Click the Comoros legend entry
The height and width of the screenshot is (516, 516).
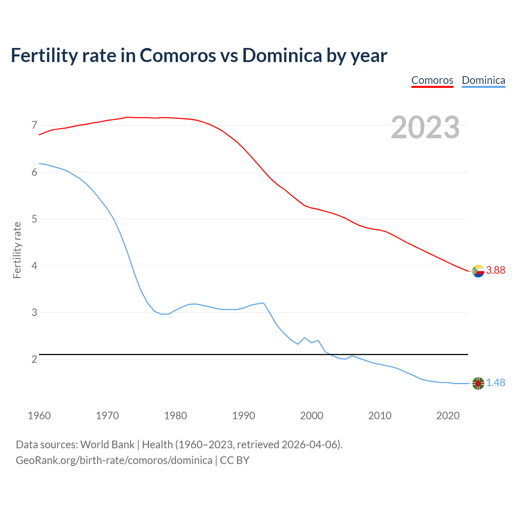[432, 80]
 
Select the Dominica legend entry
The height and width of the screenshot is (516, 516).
[483, 80]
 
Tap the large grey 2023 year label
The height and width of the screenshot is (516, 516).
[425, 127]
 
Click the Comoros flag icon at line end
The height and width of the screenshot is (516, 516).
[478, 271]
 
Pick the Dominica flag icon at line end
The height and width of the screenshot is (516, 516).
[478, 383]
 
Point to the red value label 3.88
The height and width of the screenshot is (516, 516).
[495, 270]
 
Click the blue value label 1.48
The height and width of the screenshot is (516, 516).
[495, 383]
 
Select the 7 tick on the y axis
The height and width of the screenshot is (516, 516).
[34, 125]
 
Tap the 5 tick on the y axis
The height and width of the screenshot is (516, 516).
[34, 219]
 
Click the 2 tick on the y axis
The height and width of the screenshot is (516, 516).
[34, 359]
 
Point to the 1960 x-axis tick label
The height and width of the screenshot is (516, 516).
[39, 416]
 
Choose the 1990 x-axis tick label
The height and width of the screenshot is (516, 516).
[243, 416]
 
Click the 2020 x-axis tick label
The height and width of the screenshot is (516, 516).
[448, 416]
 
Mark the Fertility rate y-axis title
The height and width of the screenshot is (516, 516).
[17, 250]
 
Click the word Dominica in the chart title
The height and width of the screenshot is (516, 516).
[282, 55]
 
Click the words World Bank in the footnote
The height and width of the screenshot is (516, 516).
[107, 445]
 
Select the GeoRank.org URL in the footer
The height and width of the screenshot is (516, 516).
[114, 460]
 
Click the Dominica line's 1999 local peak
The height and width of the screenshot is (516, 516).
[304, 337]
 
